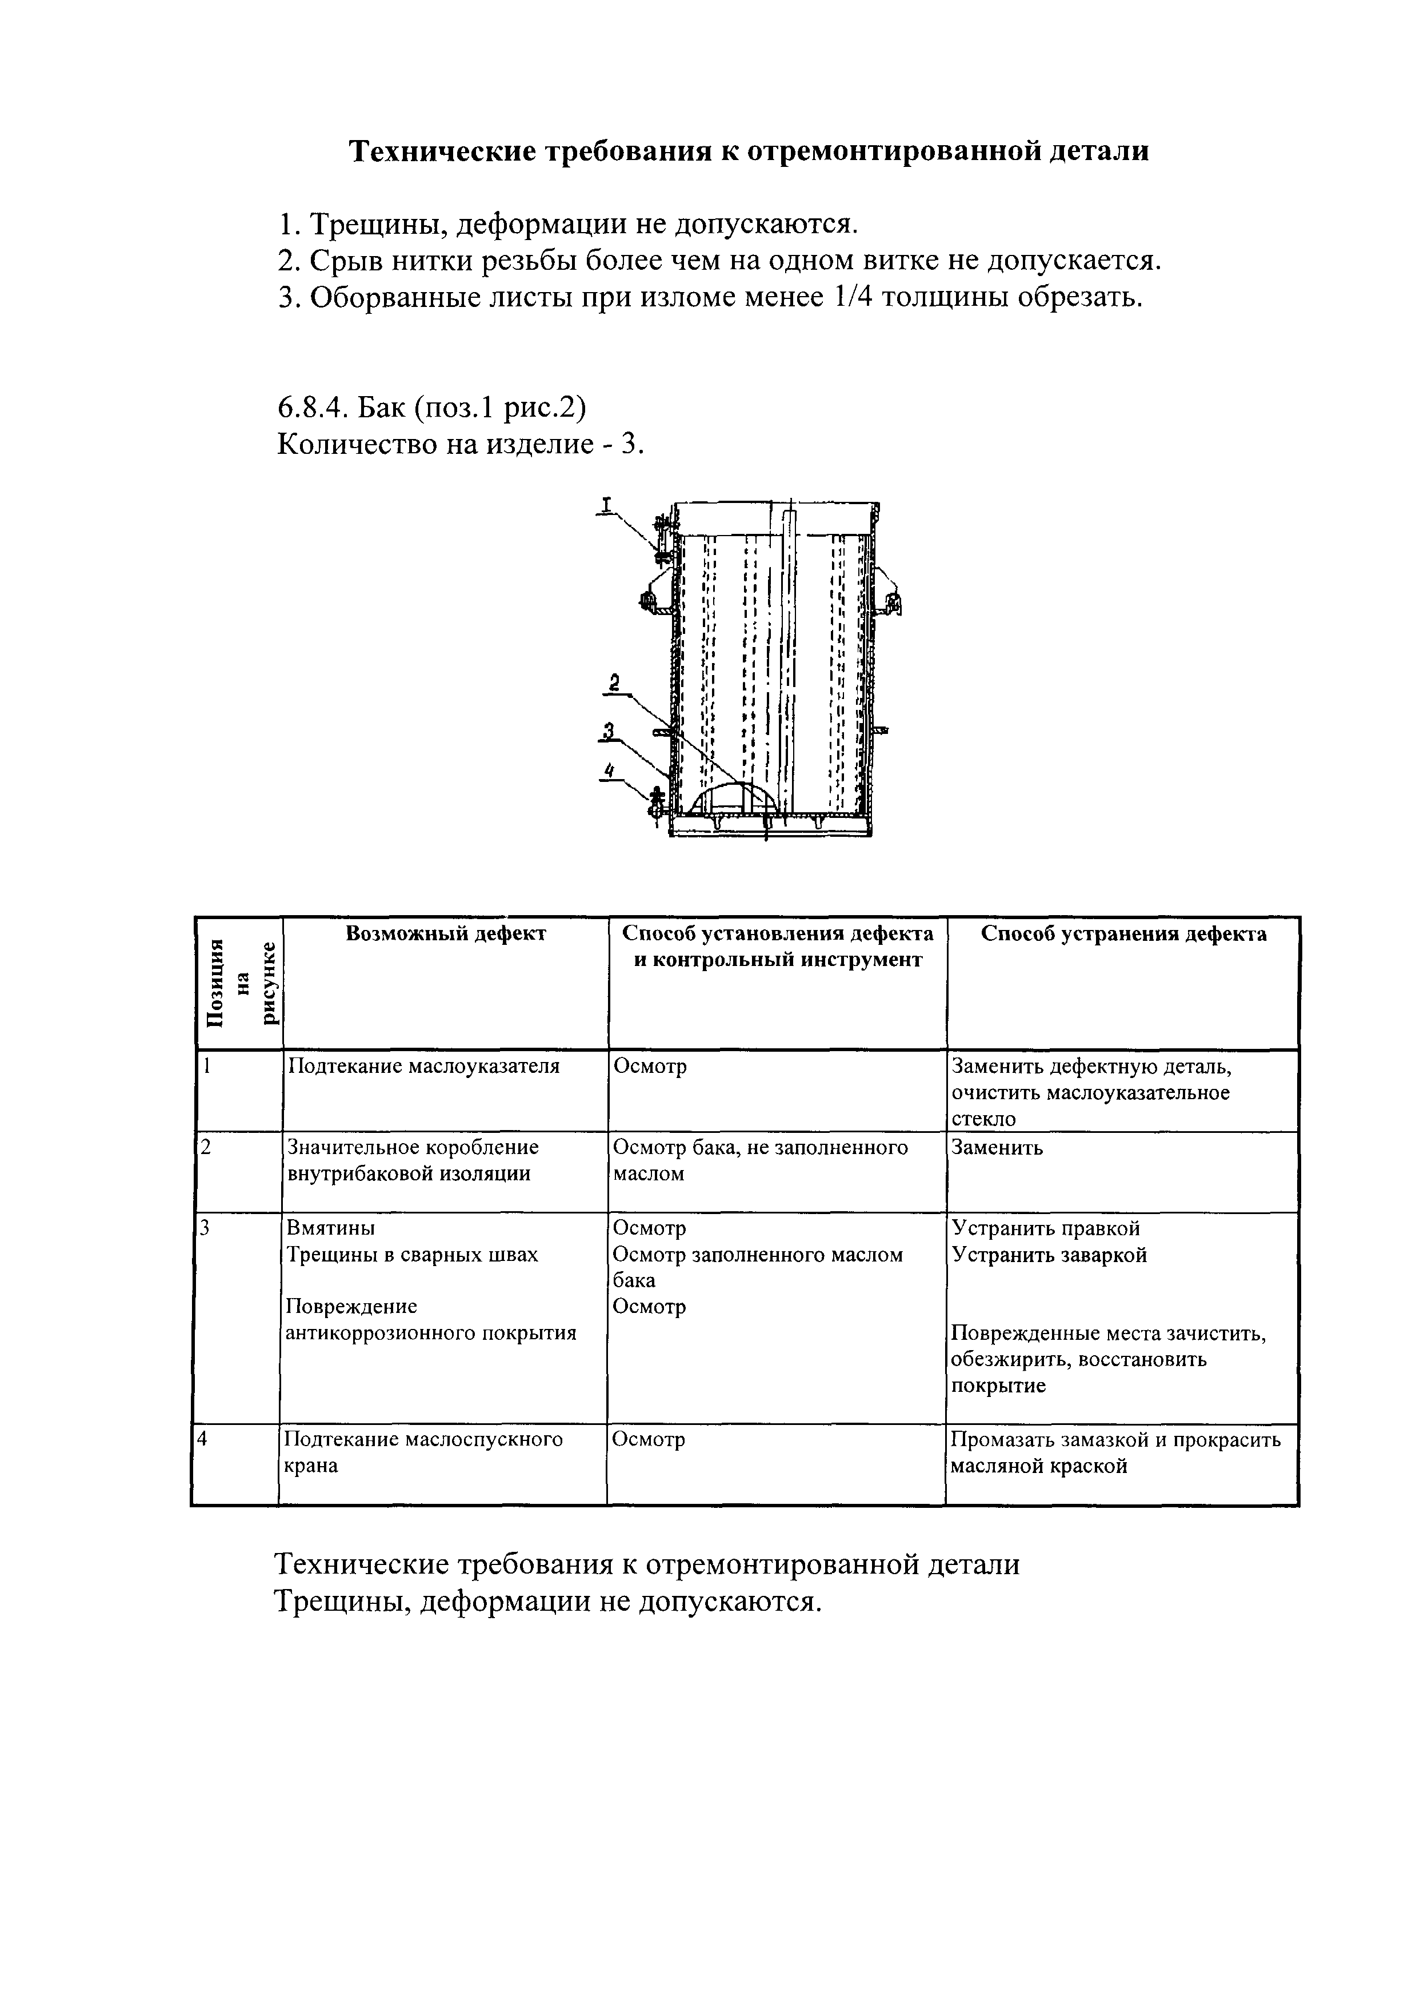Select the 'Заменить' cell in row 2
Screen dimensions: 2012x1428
[997, 1148]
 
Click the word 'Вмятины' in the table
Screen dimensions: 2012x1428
[331, 1228]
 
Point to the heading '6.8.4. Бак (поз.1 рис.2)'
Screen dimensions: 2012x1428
[432, 408]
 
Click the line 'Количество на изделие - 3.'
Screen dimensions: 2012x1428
[461, 444]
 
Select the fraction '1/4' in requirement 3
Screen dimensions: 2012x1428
[849, 298]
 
